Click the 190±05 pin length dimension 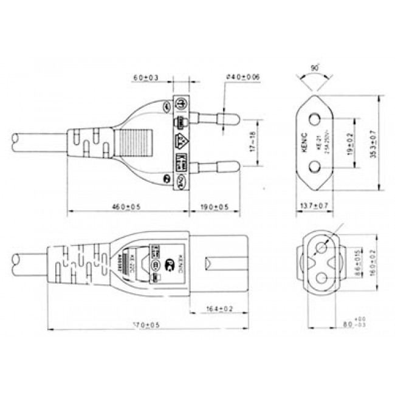[x=215, y=207]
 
